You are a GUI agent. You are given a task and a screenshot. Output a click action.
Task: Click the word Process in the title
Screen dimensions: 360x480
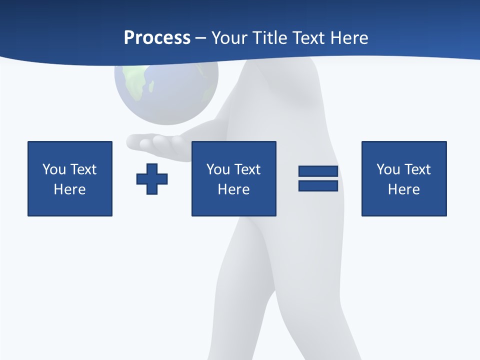click(157, 38)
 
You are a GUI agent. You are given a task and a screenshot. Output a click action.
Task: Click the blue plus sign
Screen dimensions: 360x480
click(152, 179)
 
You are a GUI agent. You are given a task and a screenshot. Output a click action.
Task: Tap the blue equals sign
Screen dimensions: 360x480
click(318, 178)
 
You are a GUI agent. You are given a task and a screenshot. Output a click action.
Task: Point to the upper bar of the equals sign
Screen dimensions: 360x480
click(318, 171)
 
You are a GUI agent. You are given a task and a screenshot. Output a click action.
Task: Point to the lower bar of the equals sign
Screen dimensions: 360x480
click(318, 186)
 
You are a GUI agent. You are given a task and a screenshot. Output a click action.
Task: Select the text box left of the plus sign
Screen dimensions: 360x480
click(70, 178)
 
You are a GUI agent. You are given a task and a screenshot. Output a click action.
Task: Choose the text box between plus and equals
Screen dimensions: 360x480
click(233, 178)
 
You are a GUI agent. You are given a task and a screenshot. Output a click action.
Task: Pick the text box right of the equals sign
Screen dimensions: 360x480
click(403, 178)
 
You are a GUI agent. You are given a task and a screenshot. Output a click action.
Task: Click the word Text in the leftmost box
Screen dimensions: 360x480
click(83, 169)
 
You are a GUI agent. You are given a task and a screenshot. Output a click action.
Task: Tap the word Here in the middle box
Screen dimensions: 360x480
click(233, 189)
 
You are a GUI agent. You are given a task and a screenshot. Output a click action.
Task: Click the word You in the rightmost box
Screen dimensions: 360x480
click(388, 169)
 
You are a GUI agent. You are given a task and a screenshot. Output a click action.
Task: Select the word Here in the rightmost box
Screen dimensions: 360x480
click(403, 189)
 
